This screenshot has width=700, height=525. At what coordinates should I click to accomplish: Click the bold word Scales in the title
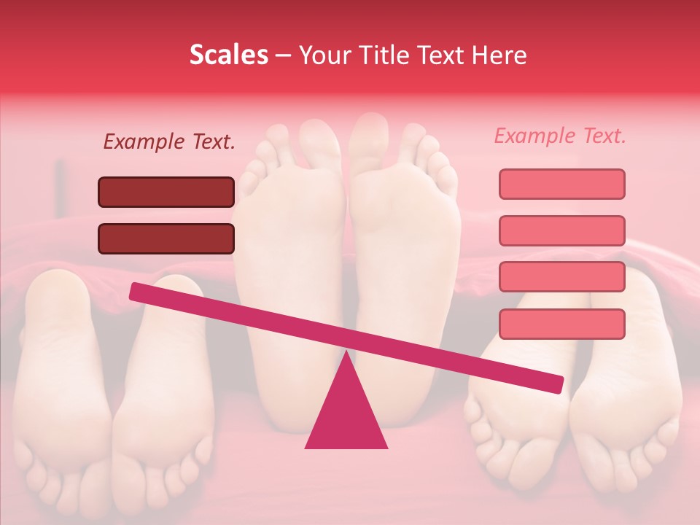[229, 55]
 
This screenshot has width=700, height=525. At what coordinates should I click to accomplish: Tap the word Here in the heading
[501, 55]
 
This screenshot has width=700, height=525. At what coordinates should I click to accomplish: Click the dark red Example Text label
[169, 141]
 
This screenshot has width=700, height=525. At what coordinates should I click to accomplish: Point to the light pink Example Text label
[560, 136]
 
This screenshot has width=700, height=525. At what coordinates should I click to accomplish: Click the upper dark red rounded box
[166, 192]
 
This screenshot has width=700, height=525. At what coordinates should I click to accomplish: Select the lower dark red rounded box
[166, 238]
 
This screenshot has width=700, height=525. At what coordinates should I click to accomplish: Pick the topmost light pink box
[561, 184]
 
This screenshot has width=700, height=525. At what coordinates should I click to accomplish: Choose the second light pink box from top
[561, 230]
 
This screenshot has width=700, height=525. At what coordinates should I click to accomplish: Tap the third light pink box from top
[561, 276]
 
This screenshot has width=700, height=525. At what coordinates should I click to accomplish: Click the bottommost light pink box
[561, 324]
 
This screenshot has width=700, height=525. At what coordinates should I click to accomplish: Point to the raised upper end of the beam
[136, 292]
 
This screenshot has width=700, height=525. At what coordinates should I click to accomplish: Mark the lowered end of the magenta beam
[557, 385]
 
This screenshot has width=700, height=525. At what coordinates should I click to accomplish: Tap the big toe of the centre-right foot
[368, 135]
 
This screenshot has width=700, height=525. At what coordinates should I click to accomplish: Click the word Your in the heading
[324, 55]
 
